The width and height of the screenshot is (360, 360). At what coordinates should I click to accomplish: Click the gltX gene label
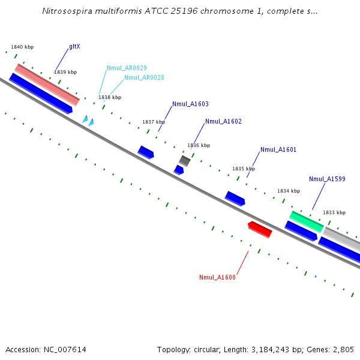[74, 46]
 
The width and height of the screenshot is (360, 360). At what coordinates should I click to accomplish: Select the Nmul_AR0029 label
[127, 68]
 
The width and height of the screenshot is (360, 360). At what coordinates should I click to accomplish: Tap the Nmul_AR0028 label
[144, 77]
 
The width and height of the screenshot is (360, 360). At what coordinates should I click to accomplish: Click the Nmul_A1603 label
[190, 104]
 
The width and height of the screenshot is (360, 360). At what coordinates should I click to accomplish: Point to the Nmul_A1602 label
[223, 121]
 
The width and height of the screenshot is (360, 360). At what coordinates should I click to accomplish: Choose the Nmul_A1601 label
[278, 149]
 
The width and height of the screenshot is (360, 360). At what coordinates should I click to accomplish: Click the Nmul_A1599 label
[327, 179]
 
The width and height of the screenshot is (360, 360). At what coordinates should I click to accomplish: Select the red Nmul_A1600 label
[217, 277]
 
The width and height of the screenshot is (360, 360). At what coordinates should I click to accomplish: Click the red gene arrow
[260, 229]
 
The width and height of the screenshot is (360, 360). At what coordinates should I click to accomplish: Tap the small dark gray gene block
[185, 160]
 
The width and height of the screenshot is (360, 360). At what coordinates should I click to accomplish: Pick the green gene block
[307, 221]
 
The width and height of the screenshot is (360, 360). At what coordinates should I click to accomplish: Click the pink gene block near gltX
[47, 84]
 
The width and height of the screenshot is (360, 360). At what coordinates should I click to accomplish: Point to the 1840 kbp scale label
[22, 47]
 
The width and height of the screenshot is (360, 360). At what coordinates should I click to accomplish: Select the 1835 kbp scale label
[244, 169]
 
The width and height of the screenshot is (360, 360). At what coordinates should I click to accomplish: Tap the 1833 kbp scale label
[334, 212]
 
